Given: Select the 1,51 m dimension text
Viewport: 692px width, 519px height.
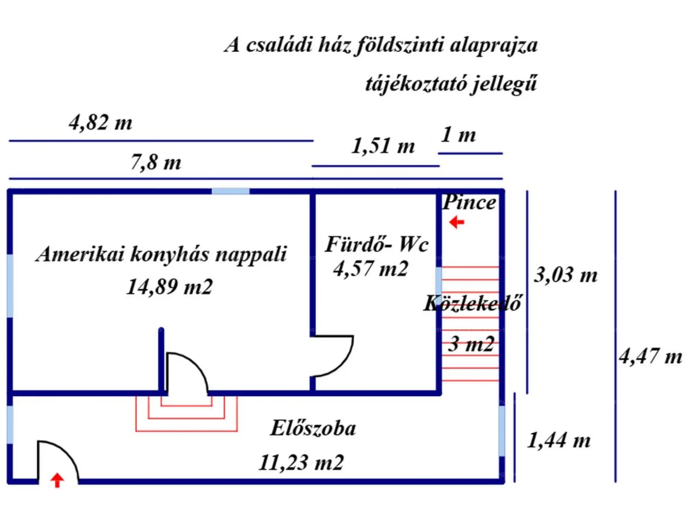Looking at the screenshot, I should pos(383,146).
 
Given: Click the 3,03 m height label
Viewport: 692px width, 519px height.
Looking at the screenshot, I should pos(565,275).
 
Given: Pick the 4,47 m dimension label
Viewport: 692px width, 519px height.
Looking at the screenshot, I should pos(651,356).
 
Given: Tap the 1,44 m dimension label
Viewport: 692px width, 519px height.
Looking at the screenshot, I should pos(559,440).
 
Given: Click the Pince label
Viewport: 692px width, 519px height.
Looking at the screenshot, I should pos(469,202).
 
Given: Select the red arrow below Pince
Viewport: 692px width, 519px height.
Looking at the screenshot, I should pos(457,222).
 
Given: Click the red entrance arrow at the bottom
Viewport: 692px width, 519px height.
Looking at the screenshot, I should pos(57,480).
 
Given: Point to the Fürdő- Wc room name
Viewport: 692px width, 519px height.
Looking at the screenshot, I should pos(377,244).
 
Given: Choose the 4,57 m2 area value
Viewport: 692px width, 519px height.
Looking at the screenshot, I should pos(371,269).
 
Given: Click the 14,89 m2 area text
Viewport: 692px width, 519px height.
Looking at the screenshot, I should pos(169,287).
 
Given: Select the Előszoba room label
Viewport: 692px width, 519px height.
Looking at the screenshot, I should pos(313,428).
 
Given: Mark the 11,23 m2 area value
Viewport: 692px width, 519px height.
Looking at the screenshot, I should pos(301,462).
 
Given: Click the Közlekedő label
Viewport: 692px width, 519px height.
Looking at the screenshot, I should pos(473,303).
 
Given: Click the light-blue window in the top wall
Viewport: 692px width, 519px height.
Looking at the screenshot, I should pos(230,191).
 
